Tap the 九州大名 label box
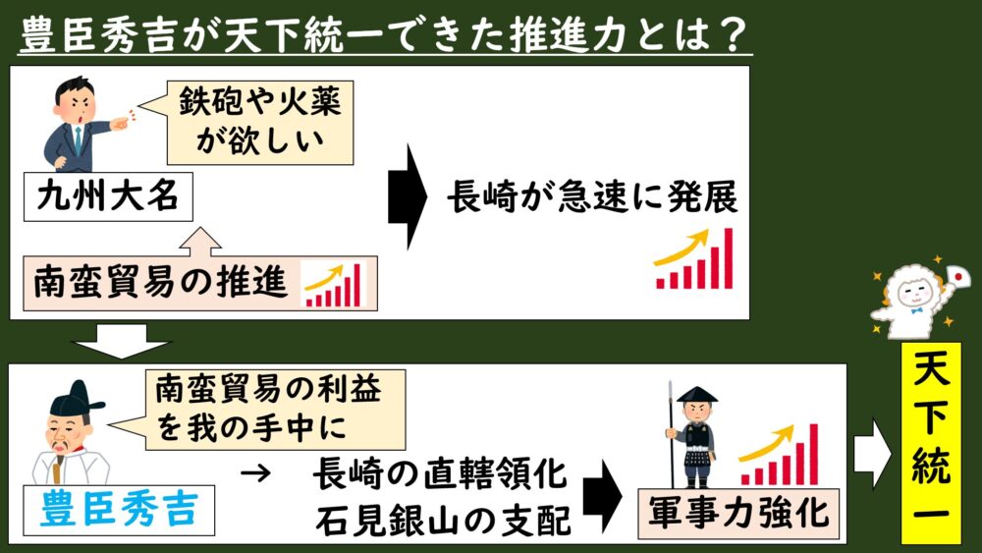pos(108,197)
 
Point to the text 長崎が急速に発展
pos(592,197)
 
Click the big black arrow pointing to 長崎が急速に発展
pos(408,196)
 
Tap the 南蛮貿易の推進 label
pos(160,283)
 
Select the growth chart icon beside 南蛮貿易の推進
pos(333,284)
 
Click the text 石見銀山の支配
pos(443,520)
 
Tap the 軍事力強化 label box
pos(738,514)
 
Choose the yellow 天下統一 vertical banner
pos(931,442)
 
